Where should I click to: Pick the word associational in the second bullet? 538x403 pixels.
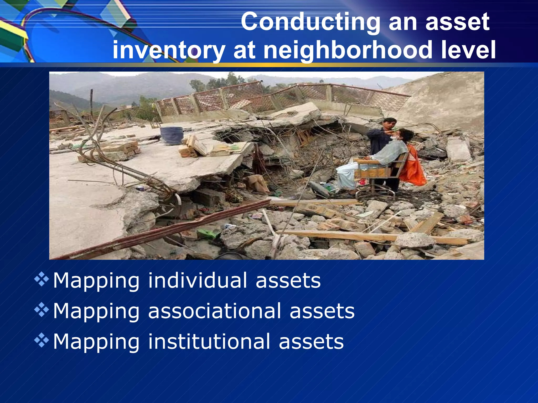214,311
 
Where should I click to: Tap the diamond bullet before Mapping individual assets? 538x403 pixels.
42,279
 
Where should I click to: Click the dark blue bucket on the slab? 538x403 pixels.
172,135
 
